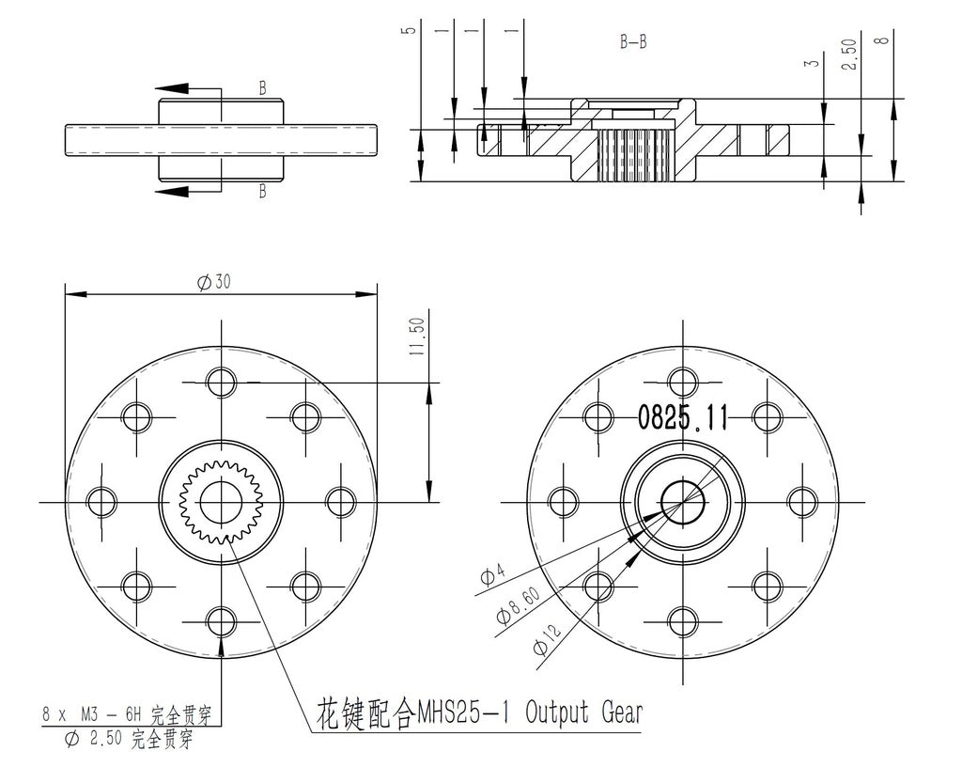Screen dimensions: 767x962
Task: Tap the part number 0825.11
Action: pos(683,417)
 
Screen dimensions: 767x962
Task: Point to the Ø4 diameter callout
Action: pos(492,574)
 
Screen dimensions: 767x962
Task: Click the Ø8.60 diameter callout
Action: pos(514,608)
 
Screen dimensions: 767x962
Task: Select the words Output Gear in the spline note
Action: pos(584,712)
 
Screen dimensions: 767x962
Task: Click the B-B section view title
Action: pos(632,42)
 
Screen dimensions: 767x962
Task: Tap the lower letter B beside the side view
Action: pos(263,192)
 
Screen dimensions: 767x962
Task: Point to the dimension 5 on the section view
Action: pos(406,30)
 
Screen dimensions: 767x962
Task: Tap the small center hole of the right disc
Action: pos(682,502)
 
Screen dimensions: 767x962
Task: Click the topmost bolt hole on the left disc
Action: pos(222,383)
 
